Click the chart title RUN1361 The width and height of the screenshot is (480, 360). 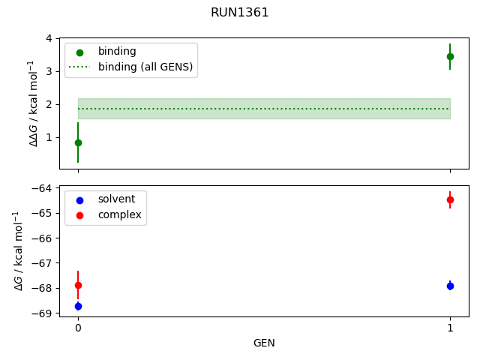point(240,13)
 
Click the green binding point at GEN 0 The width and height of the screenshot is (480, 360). point(78,142)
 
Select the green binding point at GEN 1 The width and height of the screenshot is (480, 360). point(450,56)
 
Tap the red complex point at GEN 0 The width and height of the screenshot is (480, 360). point(78,285)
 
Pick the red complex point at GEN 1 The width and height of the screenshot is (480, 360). point(450,199)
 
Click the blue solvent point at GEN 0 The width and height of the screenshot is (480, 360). point(78,306)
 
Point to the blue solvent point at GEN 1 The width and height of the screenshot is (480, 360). point(450,286)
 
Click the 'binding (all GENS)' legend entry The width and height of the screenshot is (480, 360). point(145,67)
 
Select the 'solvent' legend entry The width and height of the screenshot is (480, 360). point(116,199)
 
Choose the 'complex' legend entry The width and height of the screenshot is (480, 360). point(118,215)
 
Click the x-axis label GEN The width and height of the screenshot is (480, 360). point(264,343)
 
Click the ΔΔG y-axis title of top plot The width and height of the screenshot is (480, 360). point(32,103)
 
